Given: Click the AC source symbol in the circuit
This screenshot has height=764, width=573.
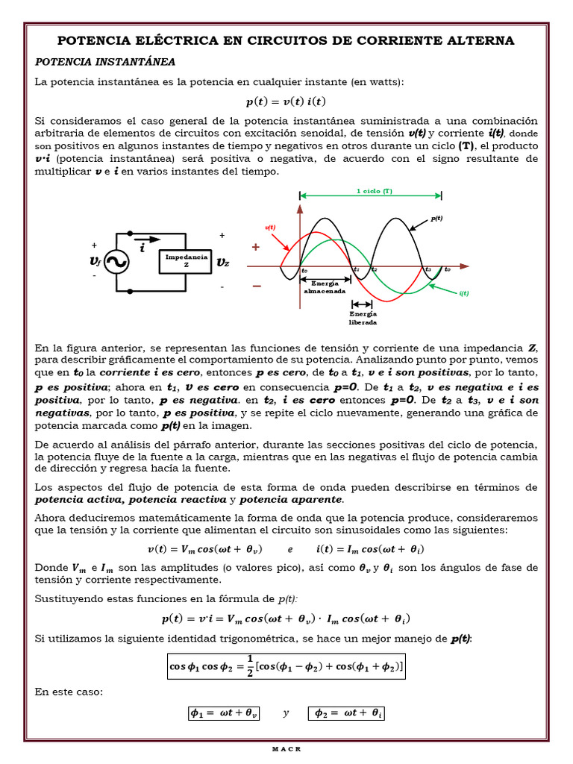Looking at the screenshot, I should coord(116,261).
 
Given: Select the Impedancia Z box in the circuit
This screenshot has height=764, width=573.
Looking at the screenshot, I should coord(187,260).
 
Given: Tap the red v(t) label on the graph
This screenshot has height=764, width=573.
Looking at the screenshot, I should coord(270,227).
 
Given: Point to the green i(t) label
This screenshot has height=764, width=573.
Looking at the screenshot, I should coord(463,293).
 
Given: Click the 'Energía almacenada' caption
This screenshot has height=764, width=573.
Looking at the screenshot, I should coord(325,287).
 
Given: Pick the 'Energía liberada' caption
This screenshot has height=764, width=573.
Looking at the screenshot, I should coord(363,318).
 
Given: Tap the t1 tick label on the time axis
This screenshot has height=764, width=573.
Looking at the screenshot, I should coord(357,269).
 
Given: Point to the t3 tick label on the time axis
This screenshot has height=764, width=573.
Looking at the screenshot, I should coord(428,269).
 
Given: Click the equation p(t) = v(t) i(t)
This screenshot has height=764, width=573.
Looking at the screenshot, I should coord(286,101).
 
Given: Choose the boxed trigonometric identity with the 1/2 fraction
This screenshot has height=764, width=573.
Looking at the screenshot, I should coord(286,666).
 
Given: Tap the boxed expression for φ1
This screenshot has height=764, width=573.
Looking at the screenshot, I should coord(224,713).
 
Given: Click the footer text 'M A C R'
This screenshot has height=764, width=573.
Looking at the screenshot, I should coord(286,749).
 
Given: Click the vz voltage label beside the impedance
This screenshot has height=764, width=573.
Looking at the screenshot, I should coord(222,262).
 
